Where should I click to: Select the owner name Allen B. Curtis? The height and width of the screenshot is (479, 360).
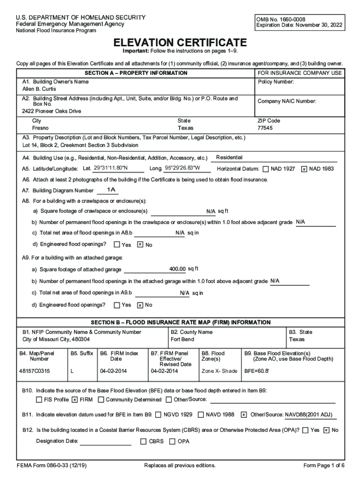point(39,89)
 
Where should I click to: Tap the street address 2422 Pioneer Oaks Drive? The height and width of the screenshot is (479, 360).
point(51,111)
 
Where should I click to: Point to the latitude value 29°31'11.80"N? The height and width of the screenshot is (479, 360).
point(111,168)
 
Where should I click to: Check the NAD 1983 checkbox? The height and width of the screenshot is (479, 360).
point(304,169)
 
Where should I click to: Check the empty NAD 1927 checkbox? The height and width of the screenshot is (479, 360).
point(266,169)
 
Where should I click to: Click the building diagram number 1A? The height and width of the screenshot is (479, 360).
point(111,190)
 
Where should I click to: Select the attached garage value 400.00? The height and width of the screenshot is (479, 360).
point(178,269)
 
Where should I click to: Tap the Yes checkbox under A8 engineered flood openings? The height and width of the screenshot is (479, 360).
point(117,245)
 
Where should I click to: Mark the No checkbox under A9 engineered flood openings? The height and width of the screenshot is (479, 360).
point(140,305)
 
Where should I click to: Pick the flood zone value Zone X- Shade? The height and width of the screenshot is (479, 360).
point(219,371)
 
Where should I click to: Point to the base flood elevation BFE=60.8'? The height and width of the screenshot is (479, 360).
point(257,371)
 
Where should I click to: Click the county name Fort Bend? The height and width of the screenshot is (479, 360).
point(182,339)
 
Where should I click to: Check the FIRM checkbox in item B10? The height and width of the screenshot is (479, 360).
point(75,400)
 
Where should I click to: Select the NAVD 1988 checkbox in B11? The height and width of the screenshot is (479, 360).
point(201,414)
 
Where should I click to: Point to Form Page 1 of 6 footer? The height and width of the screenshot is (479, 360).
point(324,465)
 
